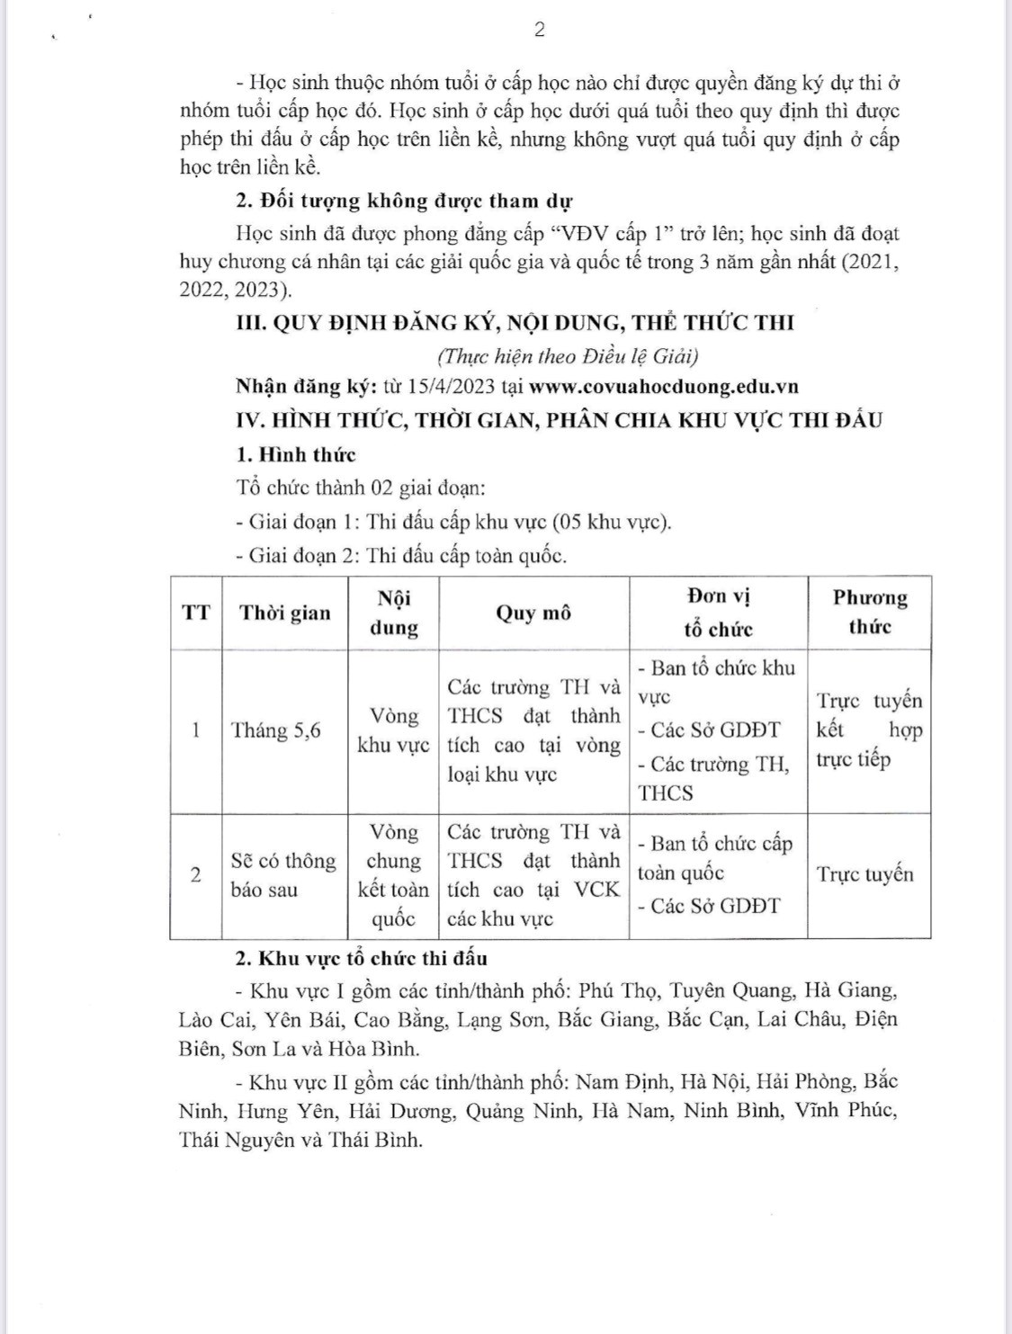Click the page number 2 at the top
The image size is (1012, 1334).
539,30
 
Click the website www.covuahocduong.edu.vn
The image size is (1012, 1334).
664,387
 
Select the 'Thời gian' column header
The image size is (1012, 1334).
284,613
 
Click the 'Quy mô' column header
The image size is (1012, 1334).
533,613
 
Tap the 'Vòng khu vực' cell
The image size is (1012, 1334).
393,730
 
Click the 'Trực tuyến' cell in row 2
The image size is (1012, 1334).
864,874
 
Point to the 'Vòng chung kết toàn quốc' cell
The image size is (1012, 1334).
393,875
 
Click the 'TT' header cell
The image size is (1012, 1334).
196,613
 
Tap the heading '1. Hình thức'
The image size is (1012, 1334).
295,454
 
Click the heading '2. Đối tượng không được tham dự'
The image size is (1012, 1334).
404,201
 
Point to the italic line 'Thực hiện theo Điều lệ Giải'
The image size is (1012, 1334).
568,356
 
